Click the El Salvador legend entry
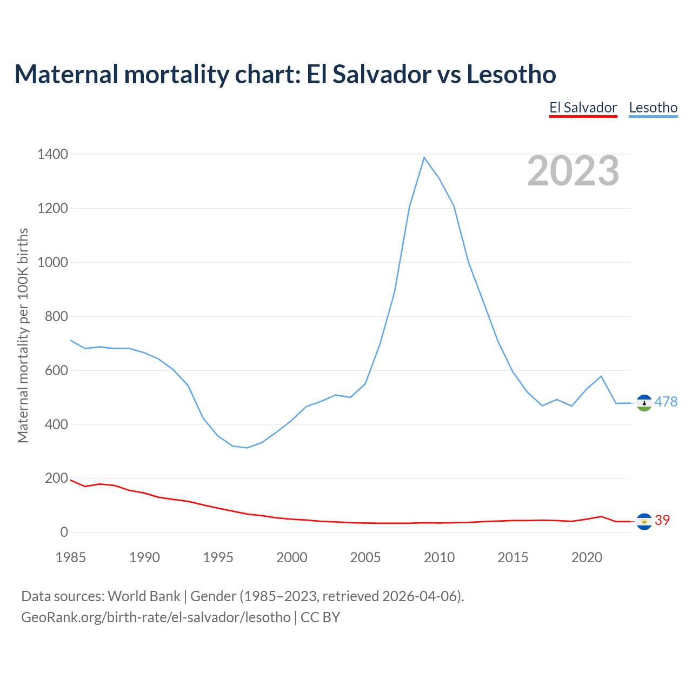(x=583, y=108)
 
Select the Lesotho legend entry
(x=653, y=108)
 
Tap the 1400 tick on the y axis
(x=53, y=155)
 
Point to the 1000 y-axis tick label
(x=53, y=263)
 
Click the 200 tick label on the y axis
(x=57, y=478)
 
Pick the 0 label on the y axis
(x=64, y=533)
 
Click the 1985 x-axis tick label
(x=71, y=557)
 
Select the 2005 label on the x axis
(x=365, y=557)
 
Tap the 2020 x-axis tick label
(x=587, y=557)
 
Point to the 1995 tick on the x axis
(x=218, y=557)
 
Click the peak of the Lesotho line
(x=424, y=157)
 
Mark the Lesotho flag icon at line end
(x=644, y=403)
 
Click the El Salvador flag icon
(x=644, y=521)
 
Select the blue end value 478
(x=666, y=402)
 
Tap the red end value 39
(x=662, y=520)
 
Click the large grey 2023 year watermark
(x=573, y=171)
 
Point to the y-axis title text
(x=23, y=335)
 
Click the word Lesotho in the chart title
(x=511, y=74)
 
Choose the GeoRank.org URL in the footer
(x=156, y=617)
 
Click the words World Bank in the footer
(x=144, y=596)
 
